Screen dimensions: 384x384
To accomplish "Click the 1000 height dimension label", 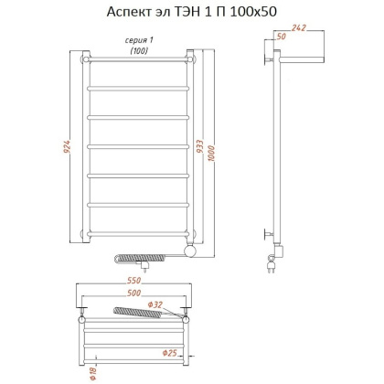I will coord(211,148).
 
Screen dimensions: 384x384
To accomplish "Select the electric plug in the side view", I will coord(272,265).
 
